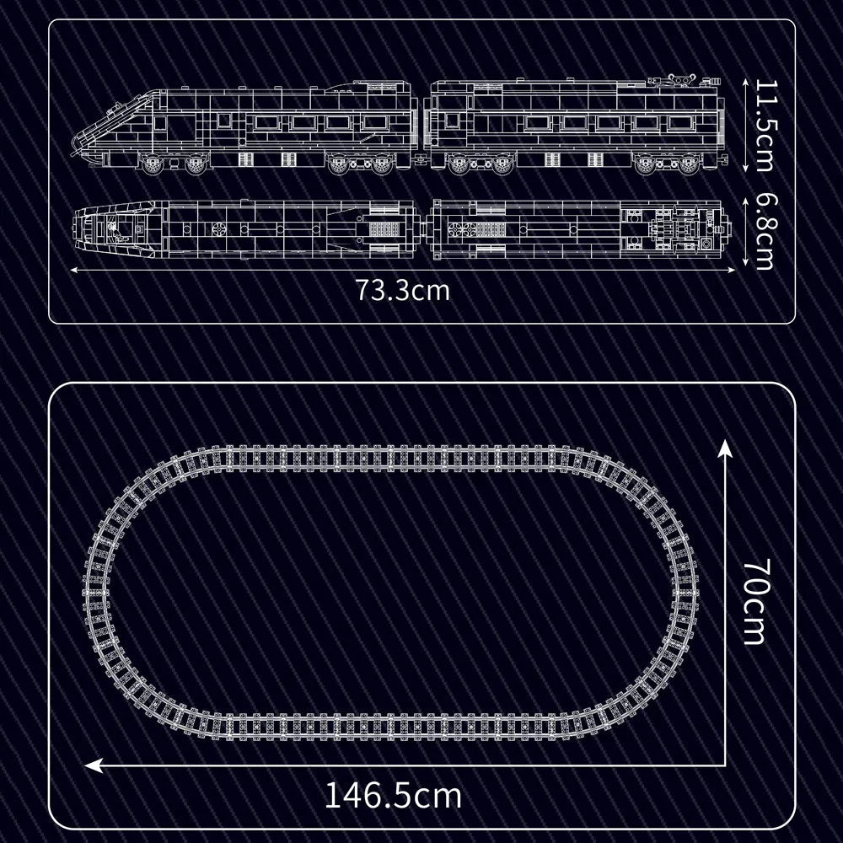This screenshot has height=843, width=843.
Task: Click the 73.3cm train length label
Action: click(402, 291)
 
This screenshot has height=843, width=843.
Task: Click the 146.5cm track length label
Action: click(394, 794)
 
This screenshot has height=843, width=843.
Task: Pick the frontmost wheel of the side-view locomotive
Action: click(153, 165)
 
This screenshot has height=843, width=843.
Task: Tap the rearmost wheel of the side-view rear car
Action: click(688, 165)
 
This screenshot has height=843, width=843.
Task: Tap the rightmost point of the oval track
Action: click(697, 590)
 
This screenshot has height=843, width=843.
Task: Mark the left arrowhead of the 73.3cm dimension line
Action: click(72, 270)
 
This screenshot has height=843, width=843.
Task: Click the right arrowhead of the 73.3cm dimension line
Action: click(733, 270)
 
